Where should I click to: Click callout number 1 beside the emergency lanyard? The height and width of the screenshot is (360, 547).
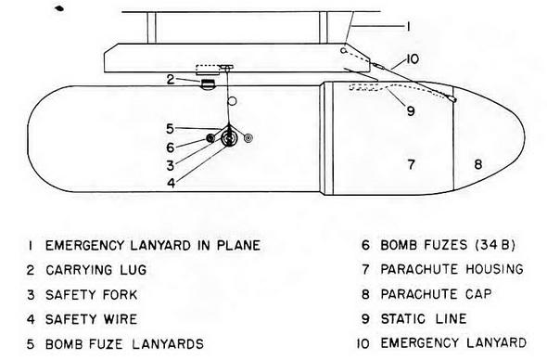click(x=408, y=27)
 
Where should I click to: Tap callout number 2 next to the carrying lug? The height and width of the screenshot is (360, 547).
click(x=171, y=80)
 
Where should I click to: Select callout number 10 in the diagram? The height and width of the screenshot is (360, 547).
click(x=412, y=58)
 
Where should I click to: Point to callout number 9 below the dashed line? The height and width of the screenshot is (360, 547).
click(x=411, y=111)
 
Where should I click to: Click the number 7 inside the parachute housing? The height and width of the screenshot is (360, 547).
click(x=412, y=164)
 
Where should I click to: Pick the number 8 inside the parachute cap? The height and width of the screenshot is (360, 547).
click(x=477, y=164)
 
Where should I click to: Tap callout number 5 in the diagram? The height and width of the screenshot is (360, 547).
click(x=170, y=129)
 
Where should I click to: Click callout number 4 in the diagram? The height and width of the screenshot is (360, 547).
click(x=171, y=183)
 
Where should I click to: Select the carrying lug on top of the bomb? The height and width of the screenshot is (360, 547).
click(x=208, y=84)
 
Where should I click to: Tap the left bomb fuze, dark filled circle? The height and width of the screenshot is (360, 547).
click(x=210, y=138)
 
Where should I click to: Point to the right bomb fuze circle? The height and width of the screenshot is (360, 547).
click(x=248, y=138)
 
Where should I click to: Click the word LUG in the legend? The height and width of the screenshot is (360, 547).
click(x=134, y=270)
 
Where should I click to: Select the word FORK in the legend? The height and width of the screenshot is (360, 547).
click(x=121, y=295)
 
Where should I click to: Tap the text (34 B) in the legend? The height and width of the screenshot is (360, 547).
click(x=495, y=245)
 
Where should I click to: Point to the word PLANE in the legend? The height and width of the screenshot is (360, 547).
click(x=238, y=245)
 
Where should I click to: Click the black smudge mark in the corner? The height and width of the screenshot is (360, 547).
click(x=59, y=8)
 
